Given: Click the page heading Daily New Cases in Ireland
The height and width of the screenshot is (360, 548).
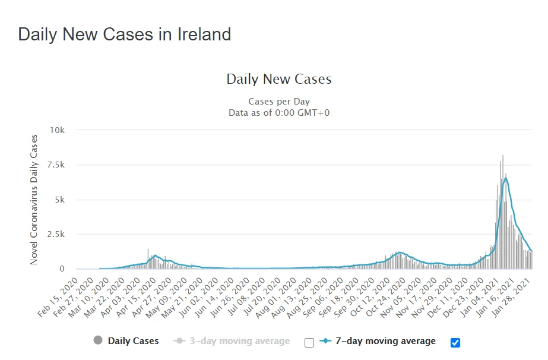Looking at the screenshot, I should tap(124, 34).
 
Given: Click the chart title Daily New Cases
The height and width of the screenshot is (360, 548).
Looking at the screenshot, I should tap(279, 79).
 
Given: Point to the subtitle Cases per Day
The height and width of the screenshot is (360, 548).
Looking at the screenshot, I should tap(279, 102).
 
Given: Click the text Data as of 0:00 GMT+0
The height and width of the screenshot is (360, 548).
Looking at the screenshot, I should tap(279, 112).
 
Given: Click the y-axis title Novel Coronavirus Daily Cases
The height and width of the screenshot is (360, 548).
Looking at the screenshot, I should tap(34, 200).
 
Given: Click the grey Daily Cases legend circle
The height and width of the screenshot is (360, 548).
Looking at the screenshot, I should tap(98, 341).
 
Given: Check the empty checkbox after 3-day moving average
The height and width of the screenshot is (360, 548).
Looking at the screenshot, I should tap(309, 342).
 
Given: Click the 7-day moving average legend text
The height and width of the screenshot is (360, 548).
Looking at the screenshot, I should tap(386, 341).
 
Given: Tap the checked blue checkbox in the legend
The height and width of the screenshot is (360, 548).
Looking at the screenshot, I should tap(455, 342).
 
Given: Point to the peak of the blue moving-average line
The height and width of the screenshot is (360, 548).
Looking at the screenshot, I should tap(505, 178).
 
